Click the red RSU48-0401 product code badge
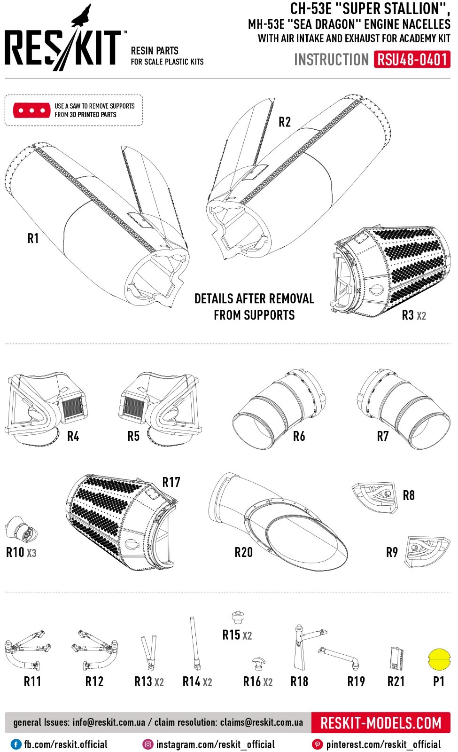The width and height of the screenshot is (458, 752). tap(411, 60)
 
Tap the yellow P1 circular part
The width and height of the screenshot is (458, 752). tap(439, 658)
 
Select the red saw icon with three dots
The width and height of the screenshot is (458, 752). tap(32, 110)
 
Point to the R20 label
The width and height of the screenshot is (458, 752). tap(243, 552)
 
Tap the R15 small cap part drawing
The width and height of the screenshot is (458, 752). tap(238, 617)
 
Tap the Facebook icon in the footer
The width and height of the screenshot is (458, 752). tap(16, 744)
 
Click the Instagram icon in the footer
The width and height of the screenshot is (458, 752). tap(148, 744)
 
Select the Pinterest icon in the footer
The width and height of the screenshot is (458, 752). tap(318, 744)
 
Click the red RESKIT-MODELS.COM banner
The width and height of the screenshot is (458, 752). tap(380, 722)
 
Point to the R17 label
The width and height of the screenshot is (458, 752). tap(171, 482)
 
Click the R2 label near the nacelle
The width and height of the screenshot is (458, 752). tap(285, 122)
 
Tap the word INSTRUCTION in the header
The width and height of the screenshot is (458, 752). tap(331, 60)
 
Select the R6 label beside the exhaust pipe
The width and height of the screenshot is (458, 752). tap(299, 437)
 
